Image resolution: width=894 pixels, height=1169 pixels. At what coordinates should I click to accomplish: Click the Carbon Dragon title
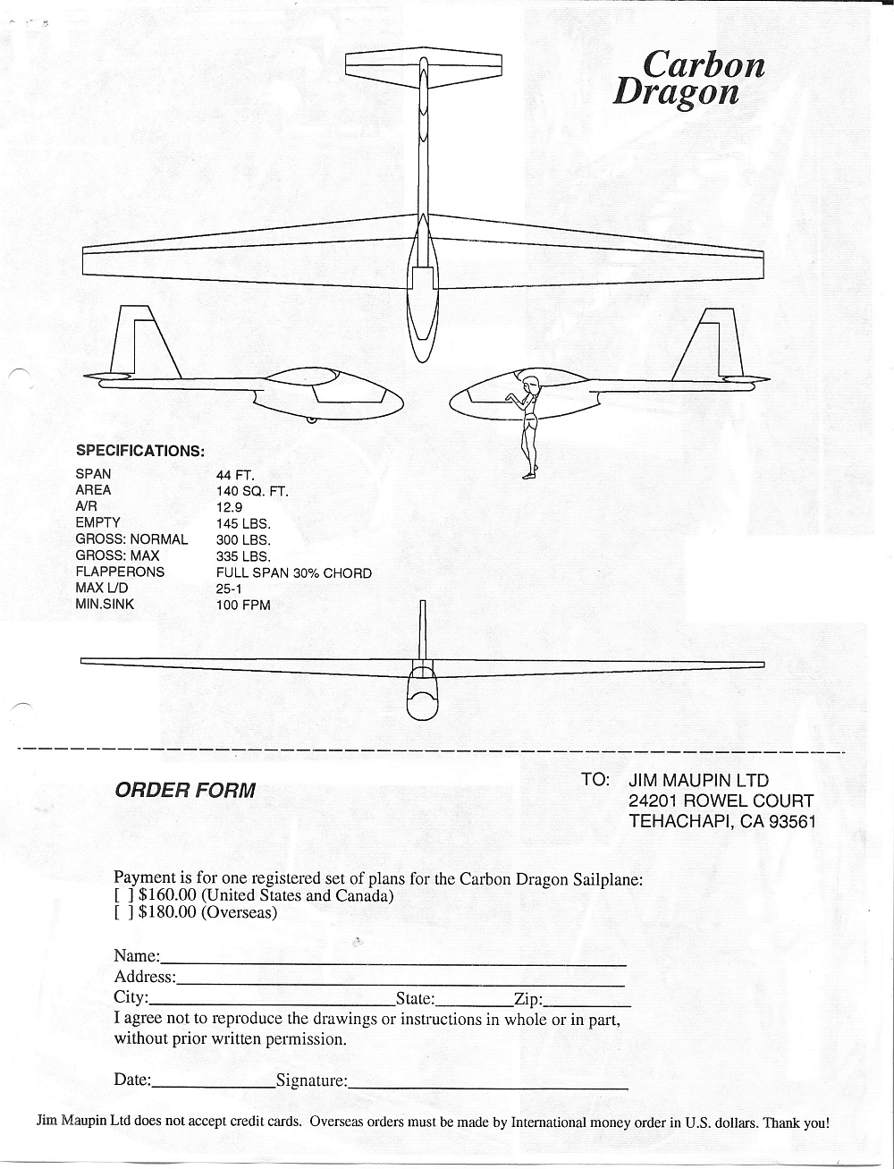coord(688,78)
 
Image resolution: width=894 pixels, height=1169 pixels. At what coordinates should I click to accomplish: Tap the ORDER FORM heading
coord(185,791)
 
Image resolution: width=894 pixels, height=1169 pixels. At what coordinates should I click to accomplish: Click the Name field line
coord(393,963)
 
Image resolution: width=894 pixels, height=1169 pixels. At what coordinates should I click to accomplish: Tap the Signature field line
coord(488,1086)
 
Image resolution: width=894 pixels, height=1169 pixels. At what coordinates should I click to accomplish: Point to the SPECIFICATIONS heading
coord(140,451)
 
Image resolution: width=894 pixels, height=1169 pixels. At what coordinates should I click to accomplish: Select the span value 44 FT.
coord(236,475)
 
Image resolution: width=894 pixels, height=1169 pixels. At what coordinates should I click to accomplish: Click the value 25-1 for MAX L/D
coord(229,589)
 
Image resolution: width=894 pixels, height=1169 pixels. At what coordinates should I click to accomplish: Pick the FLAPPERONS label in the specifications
coord(120,572)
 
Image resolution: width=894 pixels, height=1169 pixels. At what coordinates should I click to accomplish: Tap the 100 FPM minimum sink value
coord(243,605)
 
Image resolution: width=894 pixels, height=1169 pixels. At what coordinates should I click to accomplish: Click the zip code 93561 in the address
coord(792,821)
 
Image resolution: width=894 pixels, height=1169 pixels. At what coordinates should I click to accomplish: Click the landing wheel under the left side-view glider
coord(310,419)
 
